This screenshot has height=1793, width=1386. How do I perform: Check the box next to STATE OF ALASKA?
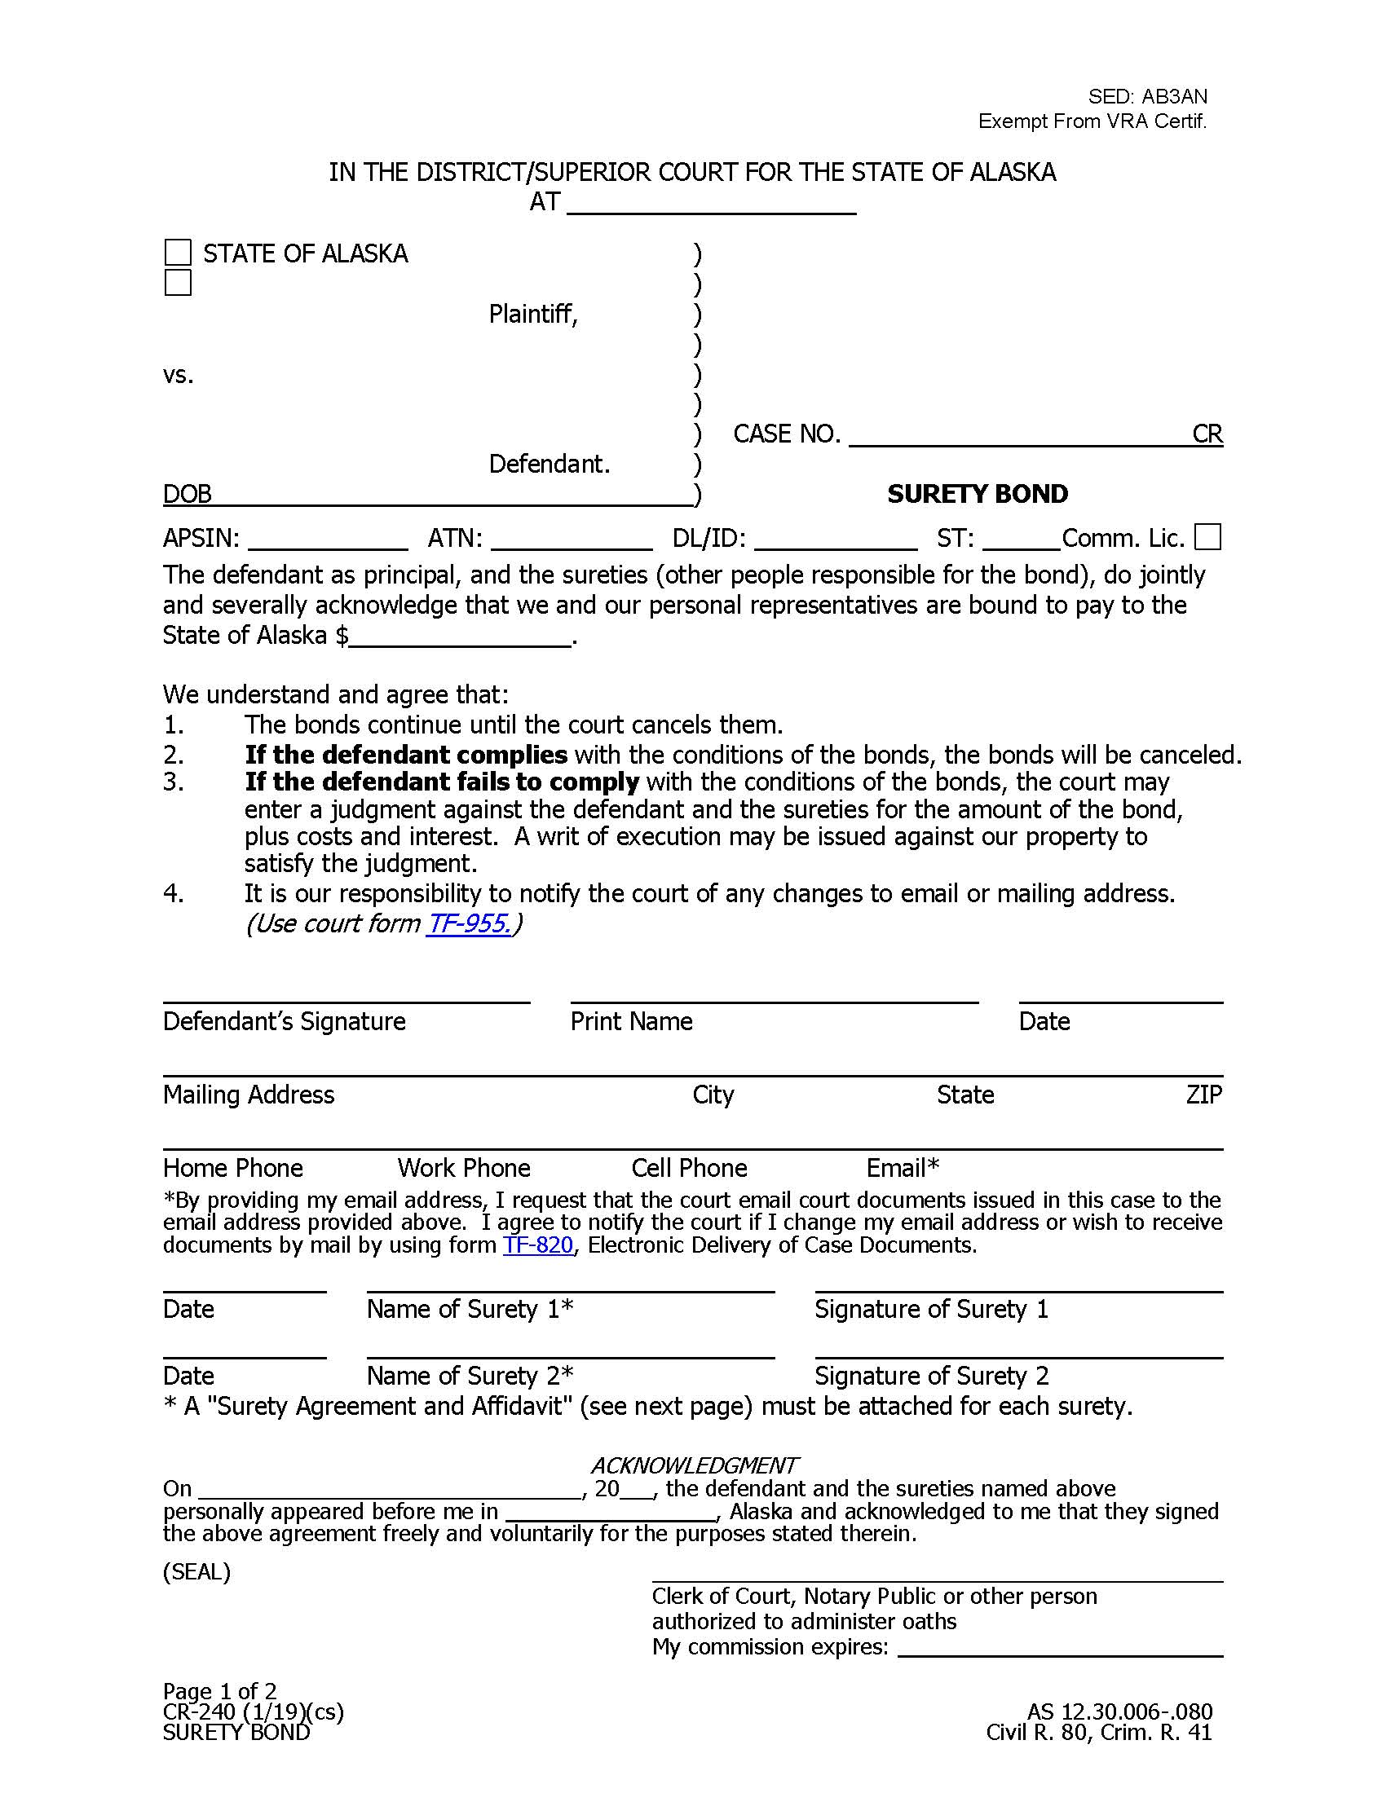[179, 253]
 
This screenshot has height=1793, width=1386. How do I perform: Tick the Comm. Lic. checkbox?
[1207, 537]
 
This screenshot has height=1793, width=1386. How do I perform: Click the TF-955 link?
[469, 923]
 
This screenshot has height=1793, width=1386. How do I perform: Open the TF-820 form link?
[538, 1245]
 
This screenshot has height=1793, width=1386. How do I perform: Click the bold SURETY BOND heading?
[977, 493]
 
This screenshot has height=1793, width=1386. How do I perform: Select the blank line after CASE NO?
[1018, 435]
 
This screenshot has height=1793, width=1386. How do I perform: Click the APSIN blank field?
[328, 540]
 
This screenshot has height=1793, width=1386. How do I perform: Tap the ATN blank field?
[572, 540]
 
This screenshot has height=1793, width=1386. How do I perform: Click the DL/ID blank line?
[835, 540]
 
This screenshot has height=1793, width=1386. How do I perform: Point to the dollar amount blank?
[460, 637]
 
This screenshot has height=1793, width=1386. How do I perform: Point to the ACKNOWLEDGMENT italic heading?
[694, 1465]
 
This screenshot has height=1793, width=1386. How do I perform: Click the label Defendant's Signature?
[284, 1021]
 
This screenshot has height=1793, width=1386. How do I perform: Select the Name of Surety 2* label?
[470, 1375]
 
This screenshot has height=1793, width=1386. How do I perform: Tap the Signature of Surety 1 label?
[931, 1309]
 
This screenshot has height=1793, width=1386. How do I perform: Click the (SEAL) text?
[196, 1571]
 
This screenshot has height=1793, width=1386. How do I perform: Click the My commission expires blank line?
[1060, 1648]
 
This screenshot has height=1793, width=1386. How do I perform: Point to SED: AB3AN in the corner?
[1147, 96]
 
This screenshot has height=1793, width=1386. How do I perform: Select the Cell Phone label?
[689, 1167]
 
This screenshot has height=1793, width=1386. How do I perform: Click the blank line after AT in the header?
[711, 204]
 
